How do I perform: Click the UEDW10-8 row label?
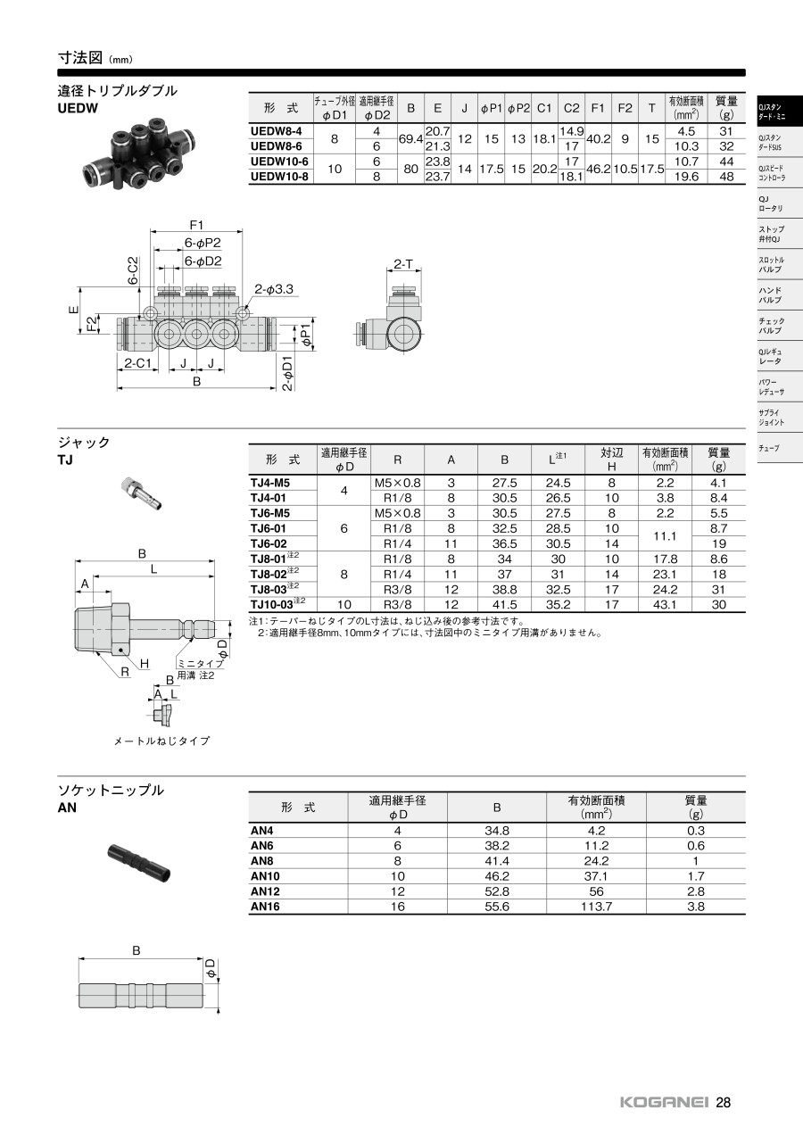[279, 177]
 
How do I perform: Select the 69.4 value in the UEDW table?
[411, 139]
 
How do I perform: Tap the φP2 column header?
[518, 108]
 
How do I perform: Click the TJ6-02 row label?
[269, 543]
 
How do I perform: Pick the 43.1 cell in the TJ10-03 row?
[665, 604]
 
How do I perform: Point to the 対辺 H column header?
[611, 459]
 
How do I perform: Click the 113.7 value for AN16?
[596, 907]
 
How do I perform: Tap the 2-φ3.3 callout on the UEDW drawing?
[274, 289]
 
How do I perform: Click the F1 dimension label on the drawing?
[196, 225]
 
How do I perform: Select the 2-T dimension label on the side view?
[403, 264]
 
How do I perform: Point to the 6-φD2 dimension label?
[203, 261]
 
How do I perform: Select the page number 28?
[724, 1102]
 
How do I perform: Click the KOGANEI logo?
[664, 1103]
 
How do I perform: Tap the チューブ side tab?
[768, 449]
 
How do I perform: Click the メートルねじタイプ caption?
[161, 741]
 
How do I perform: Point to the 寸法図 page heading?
[80, 58]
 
